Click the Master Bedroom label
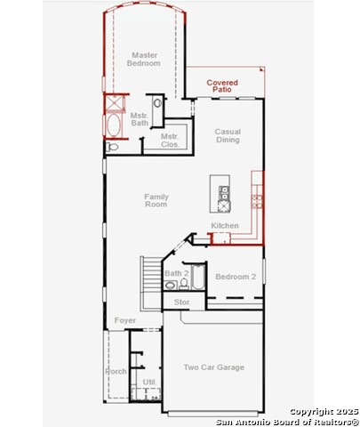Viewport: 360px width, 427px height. [x=144, y=59]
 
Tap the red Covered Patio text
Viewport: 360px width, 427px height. [x=222, y=85]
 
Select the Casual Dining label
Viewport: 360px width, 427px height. [x=228, y=135]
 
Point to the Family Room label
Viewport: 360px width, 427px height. [x=156, y=200]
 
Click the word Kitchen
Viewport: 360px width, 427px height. [x=225, y=226]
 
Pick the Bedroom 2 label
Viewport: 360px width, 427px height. [x=236, y=277]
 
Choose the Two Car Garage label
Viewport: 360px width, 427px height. [x=214, y=367]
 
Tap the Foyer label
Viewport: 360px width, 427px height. [x=125, y=320]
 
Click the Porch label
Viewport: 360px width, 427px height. [x=116, y=371]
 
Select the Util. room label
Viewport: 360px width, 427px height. [x=149, y=383]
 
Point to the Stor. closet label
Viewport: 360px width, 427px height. [x=182, y=302]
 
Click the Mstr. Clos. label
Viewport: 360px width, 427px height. [x=170, y=141]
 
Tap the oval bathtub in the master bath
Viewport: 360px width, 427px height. [x=114, y=125]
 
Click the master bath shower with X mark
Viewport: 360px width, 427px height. [x=114, y=102]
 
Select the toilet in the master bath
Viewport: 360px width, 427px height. [x=112, y=147]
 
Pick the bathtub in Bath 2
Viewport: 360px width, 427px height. [x=198, y=277]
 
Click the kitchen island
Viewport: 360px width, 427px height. [x=220, y=194]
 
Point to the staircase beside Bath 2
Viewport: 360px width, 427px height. [x=151, y=283]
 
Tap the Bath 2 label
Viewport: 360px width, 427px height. [x=177, y=273]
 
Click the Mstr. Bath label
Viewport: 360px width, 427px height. [x=140, y=119]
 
